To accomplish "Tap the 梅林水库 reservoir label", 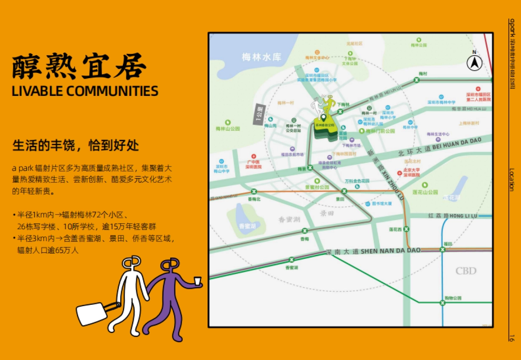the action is [x=262, y=57].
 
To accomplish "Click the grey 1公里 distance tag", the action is [x=259, y=116].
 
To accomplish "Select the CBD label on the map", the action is [x=466, y=271].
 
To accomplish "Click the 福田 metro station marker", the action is [x=442, y=249].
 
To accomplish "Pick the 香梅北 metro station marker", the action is [x=254, y=192].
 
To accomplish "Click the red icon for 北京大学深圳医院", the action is [x=400, y=173].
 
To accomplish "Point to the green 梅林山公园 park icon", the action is [x=228, y=123].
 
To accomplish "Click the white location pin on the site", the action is [x=323, y=117].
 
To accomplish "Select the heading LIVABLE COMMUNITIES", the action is [x=85, y=91].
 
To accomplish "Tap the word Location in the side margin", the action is [x=512, y=180].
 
